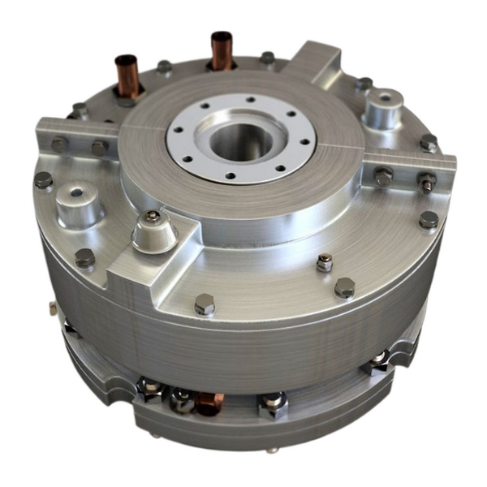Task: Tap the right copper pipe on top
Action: point(222,50)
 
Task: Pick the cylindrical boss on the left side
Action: point(79,202)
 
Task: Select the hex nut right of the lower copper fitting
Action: point(273,403)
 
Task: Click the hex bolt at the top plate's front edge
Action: point(205,305)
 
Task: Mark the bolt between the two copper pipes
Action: point(165,67)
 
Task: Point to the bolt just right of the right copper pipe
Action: point(267,58)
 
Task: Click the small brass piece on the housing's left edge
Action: point(52,308)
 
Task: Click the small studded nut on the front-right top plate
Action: point(324,262)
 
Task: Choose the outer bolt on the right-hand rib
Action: point(427,181)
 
